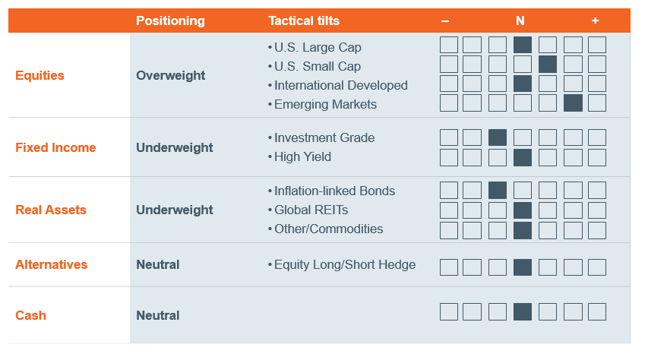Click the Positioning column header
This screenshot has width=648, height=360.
click(170, 21)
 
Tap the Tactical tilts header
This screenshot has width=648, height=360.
click(304, 21)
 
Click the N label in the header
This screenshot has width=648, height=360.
click(520, 21)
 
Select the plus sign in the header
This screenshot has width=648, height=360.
click(595, 21)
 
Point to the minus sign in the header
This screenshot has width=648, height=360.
click(445, 21)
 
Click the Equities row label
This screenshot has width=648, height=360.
click(40, 75)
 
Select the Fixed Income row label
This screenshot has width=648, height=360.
click(55, 147)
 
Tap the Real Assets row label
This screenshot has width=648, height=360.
click(51, 210)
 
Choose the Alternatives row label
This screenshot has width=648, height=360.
click(51, 264)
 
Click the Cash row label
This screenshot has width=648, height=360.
click(30, 315)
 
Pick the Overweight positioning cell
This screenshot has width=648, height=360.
click(171, 76)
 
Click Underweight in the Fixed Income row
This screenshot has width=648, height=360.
click(175, 148)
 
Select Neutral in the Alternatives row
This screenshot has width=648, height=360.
click(158, 264)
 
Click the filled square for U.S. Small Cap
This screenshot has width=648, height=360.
click(548, 65)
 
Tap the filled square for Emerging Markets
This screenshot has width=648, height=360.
click(573, 103)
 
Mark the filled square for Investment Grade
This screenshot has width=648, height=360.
click(497, 137)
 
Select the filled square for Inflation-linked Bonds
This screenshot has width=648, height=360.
click(497, 190)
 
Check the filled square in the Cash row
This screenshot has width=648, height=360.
click(523, 311)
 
